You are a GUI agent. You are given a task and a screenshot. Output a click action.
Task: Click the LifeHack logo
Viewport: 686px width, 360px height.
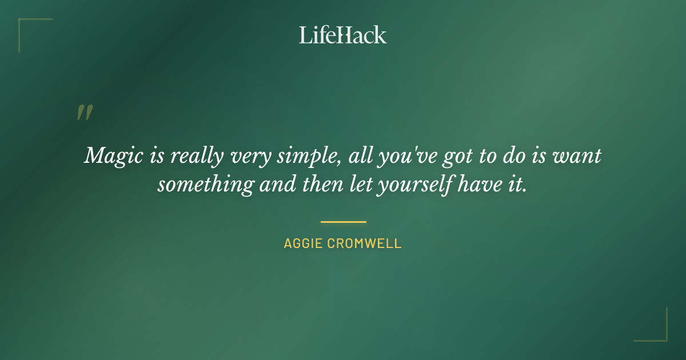[x=342, y=35]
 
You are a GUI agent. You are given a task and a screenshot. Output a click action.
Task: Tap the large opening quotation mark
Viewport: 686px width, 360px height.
[x=84, y=113]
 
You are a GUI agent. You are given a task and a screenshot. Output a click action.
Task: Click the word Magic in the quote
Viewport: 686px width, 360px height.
[x=111, y=156]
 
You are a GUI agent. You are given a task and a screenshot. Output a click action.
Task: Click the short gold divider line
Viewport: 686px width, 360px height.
[x=343, y=222]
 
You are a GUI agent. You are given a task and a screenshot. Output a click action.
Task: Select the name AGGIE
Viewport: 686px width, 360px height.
[x=304, y=243]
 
